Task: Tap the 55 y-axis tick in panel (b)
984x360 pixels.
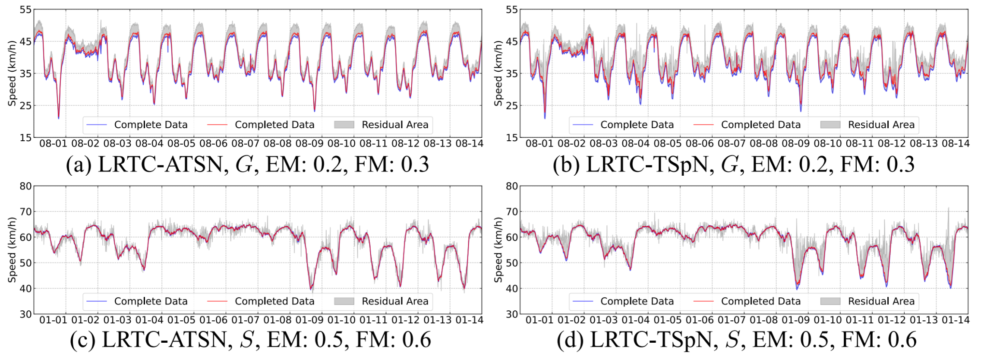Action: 512,10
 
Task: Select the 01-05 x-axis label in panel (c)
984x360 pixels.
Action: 181,320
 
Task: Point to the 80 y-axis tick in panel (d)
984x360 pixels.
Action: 512,186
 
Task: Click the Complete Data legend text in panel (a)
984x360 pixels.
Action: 151,125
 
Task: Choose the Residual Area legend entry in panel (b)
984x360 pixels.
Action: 881,125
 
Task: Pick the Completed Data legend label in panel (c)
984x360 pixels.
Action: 274,301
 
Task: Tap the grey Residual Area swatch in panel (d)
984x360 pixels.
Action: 830,301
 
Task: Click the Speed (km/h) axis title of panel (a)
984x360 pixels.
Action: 12,73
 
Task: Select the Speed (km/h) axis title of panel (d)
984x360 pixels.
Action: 498,250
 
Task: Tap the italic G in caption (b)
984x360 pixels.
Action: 729,164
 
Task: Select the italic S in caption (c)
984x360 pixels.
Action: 246,340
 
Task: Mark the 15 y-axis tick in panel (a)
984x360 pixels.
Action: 25,138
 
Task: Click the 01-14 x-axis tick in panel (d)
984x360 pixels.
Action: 956,320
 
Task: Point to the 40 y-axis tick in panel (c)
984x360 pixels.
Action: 25,288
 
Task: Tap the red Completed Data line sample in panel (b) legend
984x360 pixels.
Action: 703,125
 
